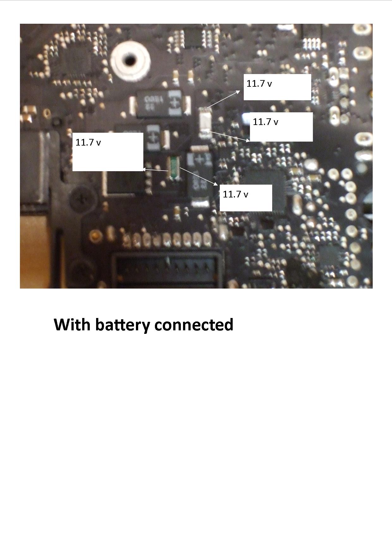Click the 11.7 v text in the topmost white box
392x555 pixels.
(x=259, y=84)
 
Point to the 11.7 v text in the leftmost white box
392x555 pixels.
(x=88, y=142)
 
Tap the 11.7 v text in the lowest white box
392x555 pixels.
(x=235, y=194)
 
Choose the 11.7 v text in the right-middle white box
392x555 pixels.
(x=265, y=122)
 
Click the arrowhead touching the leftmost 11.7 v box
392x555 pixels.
(x=144, y=170)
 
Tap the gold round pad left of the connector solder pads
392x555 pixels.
(x=94, y=235)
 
